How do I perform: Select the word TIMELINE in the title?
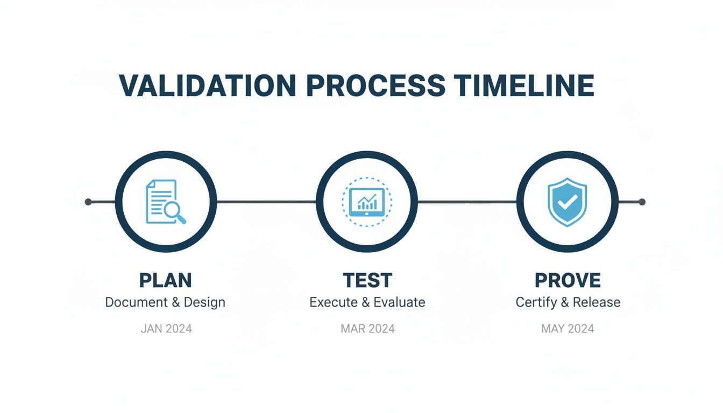coord(524,85)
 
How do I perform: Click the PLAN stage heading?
coord(165,280)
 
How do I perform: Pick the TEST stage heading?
coord(367,280)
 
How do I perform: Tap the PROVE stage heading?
coord(568,280)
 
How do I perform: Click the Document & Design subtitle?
coord(165,302)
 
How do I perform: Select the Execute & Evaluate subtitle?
coord(367,302)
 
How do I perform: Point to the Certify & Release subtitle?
coord(568,302)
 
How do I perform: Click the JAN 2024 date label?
coord(166,329)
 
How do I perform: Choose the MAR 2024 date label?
coord(367,329)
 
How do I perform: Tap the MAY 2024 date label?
coord(568,329)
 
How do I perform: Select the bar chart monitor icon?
coord(367,202)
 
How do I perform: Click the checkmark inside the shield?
coord(568,202)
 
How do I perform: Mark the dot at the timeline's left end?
coord(89,202)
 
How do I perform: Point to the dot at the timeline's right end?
coord(641,202)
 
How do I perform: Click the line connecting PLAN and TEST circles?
coord(266,202)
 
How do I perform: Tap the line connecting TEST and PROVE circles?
coord(467,202)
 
